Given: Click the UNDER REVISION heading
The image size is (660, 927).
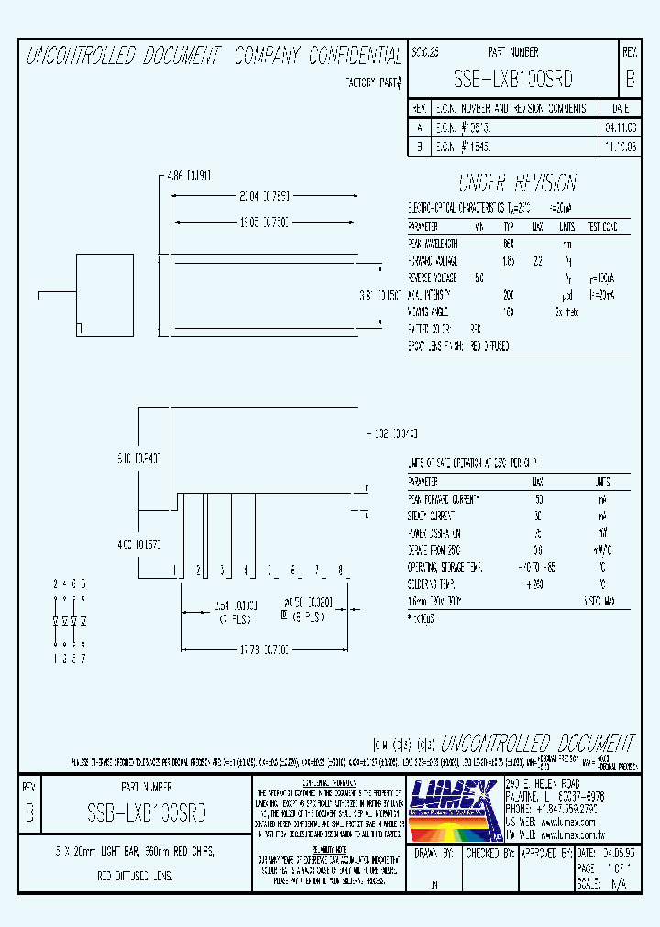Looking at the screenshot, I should click(517, 181).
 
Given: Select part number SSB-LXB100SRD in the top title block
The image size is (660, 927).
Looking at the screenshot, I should click(513, 80).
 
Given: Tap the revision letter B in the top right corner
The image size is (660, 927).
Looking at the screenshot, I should click(630, 80).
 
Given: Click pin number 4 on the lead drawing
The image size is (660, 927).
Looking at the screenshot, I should click(245, 571).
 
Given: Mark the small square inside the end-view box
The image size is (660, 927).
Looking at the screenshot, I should click(80, 328).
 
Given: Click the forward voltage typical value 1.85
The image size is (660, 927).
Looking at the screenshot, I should click(508, 261).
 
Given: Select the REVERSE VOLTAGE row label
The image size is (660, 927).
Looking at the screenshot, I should click(434, 278).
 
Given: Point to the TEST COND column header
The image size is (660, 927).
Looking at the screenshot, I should click(601, 226).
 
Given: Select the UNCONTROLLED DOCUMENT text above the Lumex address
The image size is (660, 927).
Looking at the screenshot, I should click(537, 743).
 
